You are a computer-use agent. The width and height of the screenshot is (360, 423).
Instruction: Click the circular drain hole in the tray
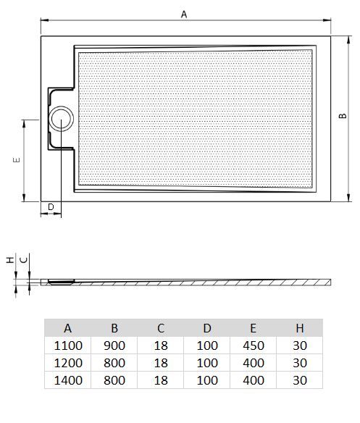pyautogui.click(x=62, y=117)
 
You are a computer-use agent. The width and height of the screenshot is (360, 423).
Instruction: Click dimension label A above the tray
pyautogui.click(x=184, y=14)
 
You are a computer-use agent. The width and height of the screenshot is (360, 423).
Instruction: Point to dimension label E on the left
pyautogui.click(x=15, y=160)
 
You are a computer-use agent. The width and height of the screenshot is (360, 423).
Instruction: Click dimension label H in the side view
pyautogui.click(x=9, y=259)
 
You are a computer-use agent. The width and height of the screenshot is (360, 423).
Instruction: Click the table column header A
pyautogui.click(x=67, y=328)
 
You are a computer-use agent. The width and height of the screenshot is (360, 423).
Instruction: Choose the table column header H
pyautogui.click(x=300, y=328)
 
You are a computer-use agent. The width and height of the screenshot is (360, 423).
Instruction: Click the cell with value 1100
pyautogui.click(x=67, y=345)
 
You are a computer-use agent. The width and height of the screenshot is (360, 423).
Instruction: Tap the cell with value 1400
pyautogui.click(x=67, y=380)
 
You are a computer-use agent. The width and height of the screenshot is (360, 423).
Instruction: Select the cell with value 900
pyautogui.click(x=114, y=345)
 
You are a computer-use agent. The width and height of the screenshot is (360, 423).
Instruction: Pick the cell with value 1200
pyautogui.click(x=67, y=362)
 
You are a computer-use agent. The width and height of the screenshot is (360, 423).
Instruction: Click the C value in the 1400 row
pyautogui.click(x=161, y=380)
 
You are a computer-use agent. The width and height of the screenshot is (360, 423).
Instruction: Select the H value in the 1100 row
pyautogui.click(x=300, y=345)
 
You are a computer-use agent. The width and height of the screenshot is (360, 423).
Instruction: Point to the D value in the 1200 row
pyautogui.click(x=207, y=362)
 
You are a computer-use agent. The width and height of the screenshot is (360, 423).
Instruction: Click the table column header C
pyautogui.click(x=161, y=328)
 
